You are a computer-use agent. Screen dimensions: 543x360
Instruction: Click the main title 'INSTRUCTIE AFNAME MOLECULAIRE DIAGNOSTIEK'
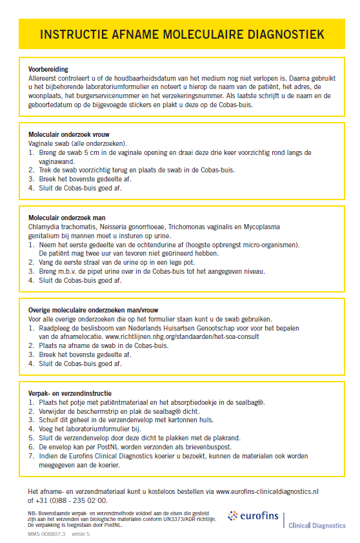click(181, 34)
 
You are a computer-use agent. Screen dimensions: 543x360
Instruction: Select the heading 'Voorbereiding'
click(48, 69)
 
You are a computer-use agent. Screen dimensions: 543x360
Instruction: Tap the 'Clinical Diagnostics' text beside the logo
click(317, 526)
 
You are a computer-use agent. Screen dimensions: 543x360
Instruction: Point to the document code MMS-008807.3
click(46, 534)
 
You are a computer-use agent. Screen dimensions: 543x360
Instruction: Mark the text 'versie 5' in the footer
click(81, 534)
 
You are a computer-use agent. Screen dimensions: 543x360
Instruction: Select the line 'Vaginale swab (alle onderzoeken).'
click(78, 143)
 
